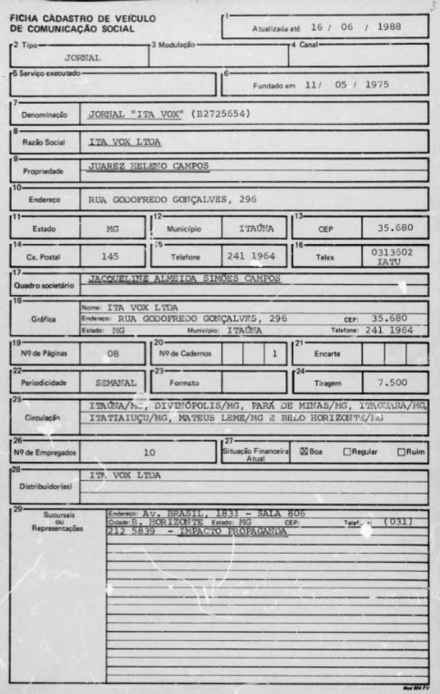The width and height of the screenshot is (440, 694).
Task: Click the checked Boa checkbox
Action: [x=304, y=452]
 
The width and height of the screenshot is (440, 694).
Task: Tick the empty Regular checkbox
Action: [x=347, y=452]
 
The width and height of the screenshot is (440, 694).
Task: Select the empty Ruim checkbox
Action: [x=401, y=452]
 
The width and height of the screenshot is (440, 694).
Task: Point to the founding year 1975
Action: [x=377, y=84]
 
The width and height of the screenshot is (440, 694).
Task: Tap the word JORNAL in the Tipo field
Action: [x=84, y=58]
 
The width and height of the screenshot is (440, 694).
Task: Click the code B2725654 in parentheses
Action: [x=219, y=114]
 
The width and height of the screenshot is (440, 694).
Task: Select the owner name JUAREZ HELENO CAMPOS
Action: [x=148, y=166]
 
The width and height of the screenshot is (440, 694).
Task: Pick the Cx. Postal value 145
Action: [x=110, y=256]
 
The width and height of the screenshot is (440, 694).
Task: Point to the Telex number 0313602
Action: [x=395, y=252]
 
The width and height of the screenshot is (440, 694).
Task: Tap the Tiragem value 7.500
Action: [x=393, y=382]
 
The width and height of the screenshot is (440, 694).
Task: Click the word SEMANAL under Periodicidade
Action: [x=116, y=382]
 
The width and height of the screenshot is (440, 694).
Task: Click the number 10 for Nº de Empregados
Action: [x=149, y=452]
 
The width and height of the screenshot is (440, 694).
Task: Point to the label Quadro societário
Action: [x=45, y=285]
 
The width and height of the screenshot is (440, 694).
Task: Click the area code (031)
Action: [x=398, y=521]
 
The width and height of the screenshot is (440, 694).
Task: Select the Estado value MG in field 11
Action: [x=113, y=228]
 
